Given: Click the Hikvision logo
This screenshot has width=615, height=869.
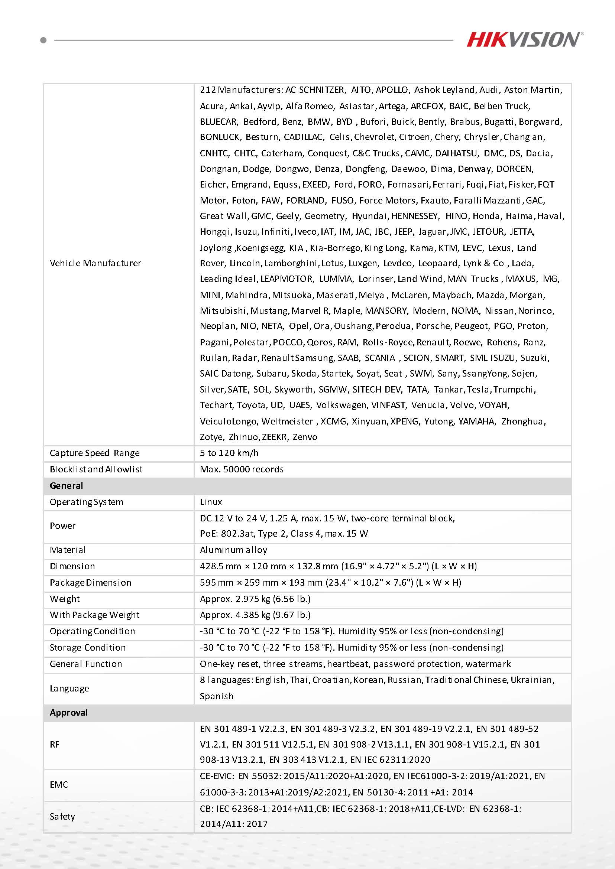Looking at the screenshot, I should point(524,39).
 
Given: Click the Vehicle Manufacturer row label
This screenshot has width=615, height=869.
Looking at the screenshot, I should point(96,263).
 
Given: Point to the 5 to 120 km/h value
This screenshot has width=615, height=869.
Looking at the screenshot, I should point(229,453).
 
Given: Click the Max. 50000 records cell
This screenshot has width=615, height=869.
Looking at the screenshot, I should point(242,469).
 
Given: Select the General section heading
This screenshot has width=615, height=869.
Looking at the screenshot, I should point(66,486).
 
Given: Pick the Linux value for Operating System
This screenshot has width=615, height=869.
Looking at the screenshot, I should point(211,502).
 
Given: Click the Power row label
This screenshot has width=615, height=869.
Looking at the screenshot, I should point(62,526).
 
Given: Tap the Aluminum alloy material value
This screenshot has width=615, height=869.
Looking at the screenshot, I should point(234,550).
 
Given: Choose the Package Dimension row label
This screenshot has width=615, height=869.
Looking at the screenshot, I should point(91,582).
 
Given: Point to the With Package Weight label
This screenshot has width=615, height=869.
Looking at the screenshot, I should point(95,615).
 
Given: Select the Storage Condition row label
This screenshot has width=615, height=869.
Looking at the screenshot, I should point(87,647).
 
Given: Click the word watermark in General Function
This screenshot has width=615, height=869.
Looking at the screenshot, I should point(488,664).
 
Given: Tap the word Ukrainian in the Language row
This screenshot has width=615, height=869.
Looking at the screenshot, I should point(532,680).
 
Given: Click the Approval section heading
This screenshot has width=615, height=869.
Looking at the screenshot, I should point(68,712).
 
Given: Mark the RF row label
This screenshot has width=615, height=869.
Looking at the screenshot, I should point(55,745).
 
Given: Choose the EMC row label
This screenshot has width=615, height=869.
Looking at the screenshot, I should point(59,784).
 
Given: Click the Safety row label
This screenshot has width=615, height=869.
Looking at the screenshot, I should point(62,816).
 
